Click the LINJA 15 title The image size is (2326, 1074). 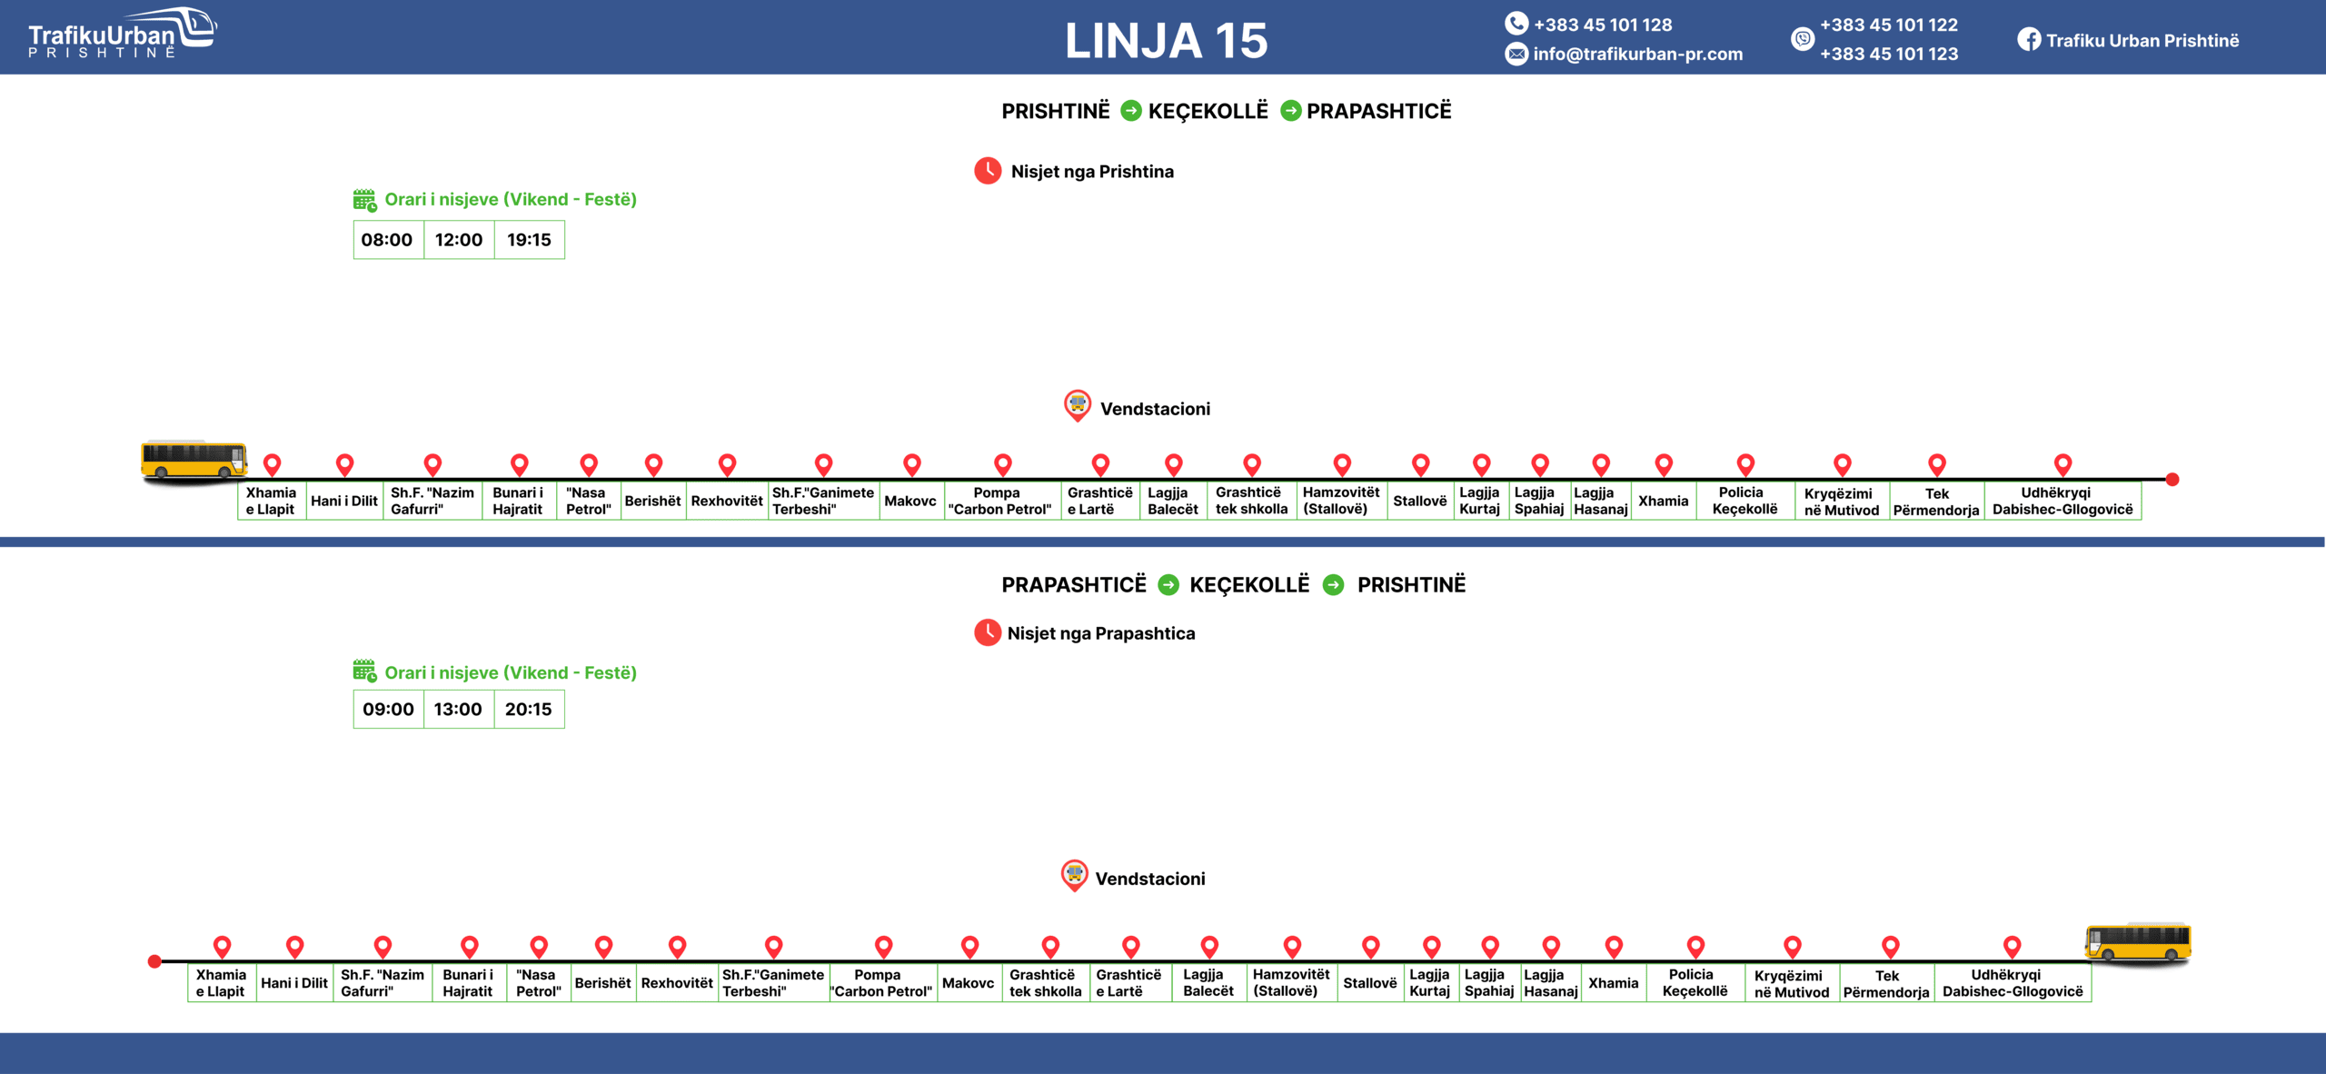tap(1166, 41)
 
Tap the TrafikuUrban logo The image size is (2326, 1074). tap(122, 35)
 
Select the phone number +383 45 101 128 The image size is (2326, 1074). tap(1602, 25)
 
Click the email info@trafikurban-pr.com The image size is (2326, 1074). tap(1637, 54)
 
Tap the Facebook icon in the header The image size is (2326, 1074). tap(2028, 40)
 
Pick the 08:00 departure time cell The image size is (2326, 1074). tap(387, 240)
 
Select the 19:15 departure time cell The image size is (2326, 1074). tap(529, 240)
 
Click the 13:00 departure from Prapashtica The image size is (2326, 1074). tap(458, 709)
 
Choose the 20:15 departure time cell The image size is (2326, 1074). tap(528, 709)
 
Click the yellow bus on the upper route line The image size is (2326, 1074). tap(194, 460)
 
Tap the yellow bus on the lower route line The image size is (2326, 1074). tap(2137, 942)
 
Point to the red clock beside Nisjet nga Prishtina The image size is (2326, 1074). tap(988, 171)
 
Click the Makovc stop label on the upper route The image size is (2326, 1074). tap(910, 501)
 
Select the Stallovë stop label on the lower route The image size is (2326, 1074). tap(1369, 983)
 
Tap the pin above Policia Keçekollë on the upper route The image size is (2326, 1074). tap(1745, 464)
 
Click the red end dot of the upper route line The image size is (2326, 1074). tap(2172, 479)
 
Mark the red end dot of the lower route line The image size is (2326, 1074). tap(154, 961)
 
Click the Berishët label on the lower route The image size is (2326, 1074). tap(602, 983)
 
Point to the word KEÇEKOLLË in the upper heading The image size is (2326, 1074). tap(1208, 111)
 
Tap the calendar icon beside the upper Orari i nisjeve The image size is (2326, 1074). tap(364, 200)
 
